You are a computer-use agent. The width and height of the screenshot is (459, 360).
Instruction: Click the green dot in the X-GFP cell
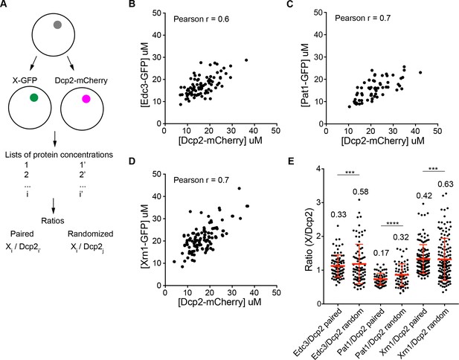pos(34,97)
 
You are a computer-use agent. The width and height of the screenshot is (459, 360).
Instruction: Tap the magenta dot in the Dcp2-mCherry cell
pos(86,99)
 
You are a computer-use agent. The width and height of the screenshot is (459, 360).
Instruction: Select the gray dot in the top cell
pos(57,25)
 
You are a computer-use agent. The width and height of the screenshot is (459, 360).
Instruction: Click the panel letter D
pos(132,161)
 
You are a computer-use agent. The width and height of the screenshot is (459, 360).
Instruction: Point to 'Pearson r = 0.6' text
pos(202,19)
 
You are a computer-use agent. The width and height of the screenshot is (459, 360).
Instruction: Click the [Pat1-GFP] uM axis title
pos(305,74)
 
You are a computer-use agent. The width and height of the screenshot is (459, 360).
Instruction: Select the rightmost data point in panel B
pos(246,60)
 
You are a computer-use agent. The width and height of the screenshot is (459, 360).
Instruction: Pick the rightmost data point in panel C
pos(420,72)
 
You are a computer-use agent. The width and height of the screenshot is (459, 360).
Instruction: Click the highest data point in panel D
pos(239,188)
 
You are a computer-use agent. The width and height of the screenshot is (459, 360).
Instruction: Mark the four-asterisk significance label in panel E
pos(392,223)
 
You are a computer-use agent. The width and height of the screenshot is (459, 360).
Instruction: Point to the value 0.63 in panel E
pos(446,184)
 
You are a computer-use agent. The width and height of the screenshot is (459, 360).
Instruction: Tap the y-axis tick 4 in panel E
pos(319,169)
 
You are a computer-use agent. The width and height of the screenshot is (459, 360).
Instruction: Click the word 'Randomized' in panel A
pos(91,234)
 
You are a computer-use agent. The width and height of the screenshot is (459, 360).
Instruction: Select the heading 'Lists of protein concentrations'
pos(59,155)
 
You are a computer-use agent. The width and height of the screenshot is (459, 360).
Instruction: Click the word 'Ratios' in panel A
pos(53,220)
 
